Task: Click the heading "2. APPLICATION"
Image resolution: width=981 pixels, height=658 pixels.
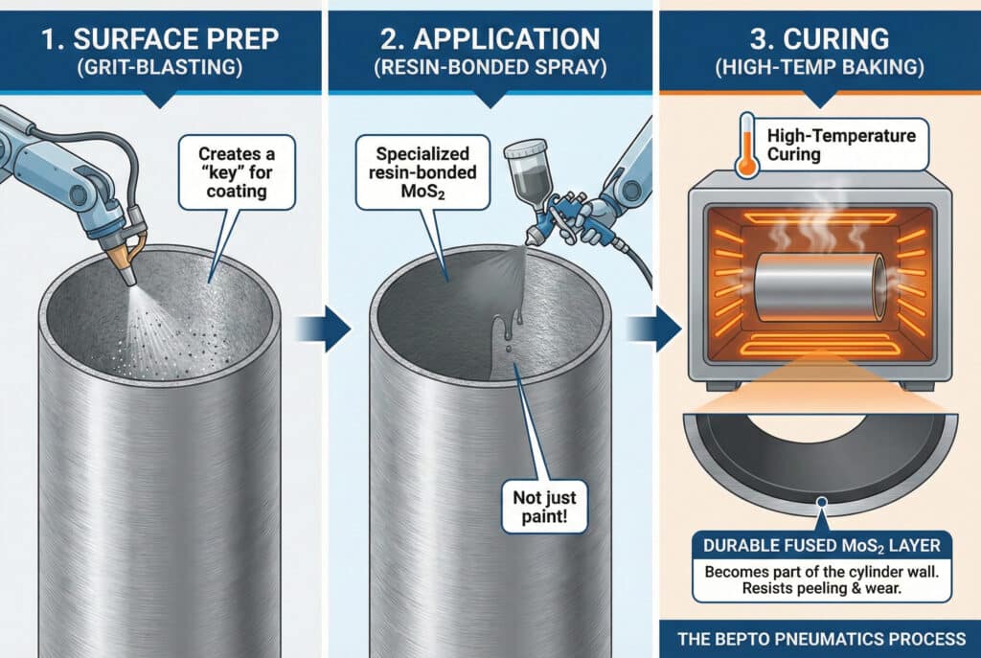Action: coord(490,39)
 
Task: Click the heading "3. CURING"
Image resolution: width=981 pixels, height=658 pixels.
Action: coord(819,39)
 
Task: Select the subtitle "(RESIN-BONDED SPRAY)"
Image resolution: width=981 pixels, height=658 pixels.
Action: coord(490,72)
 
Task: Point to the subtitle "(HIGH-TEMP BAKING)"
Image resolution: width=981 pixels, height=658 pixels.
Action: coord(819,72)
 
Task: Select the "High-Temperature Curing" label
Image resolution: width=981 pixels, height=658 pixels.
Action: coord(841,147)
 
